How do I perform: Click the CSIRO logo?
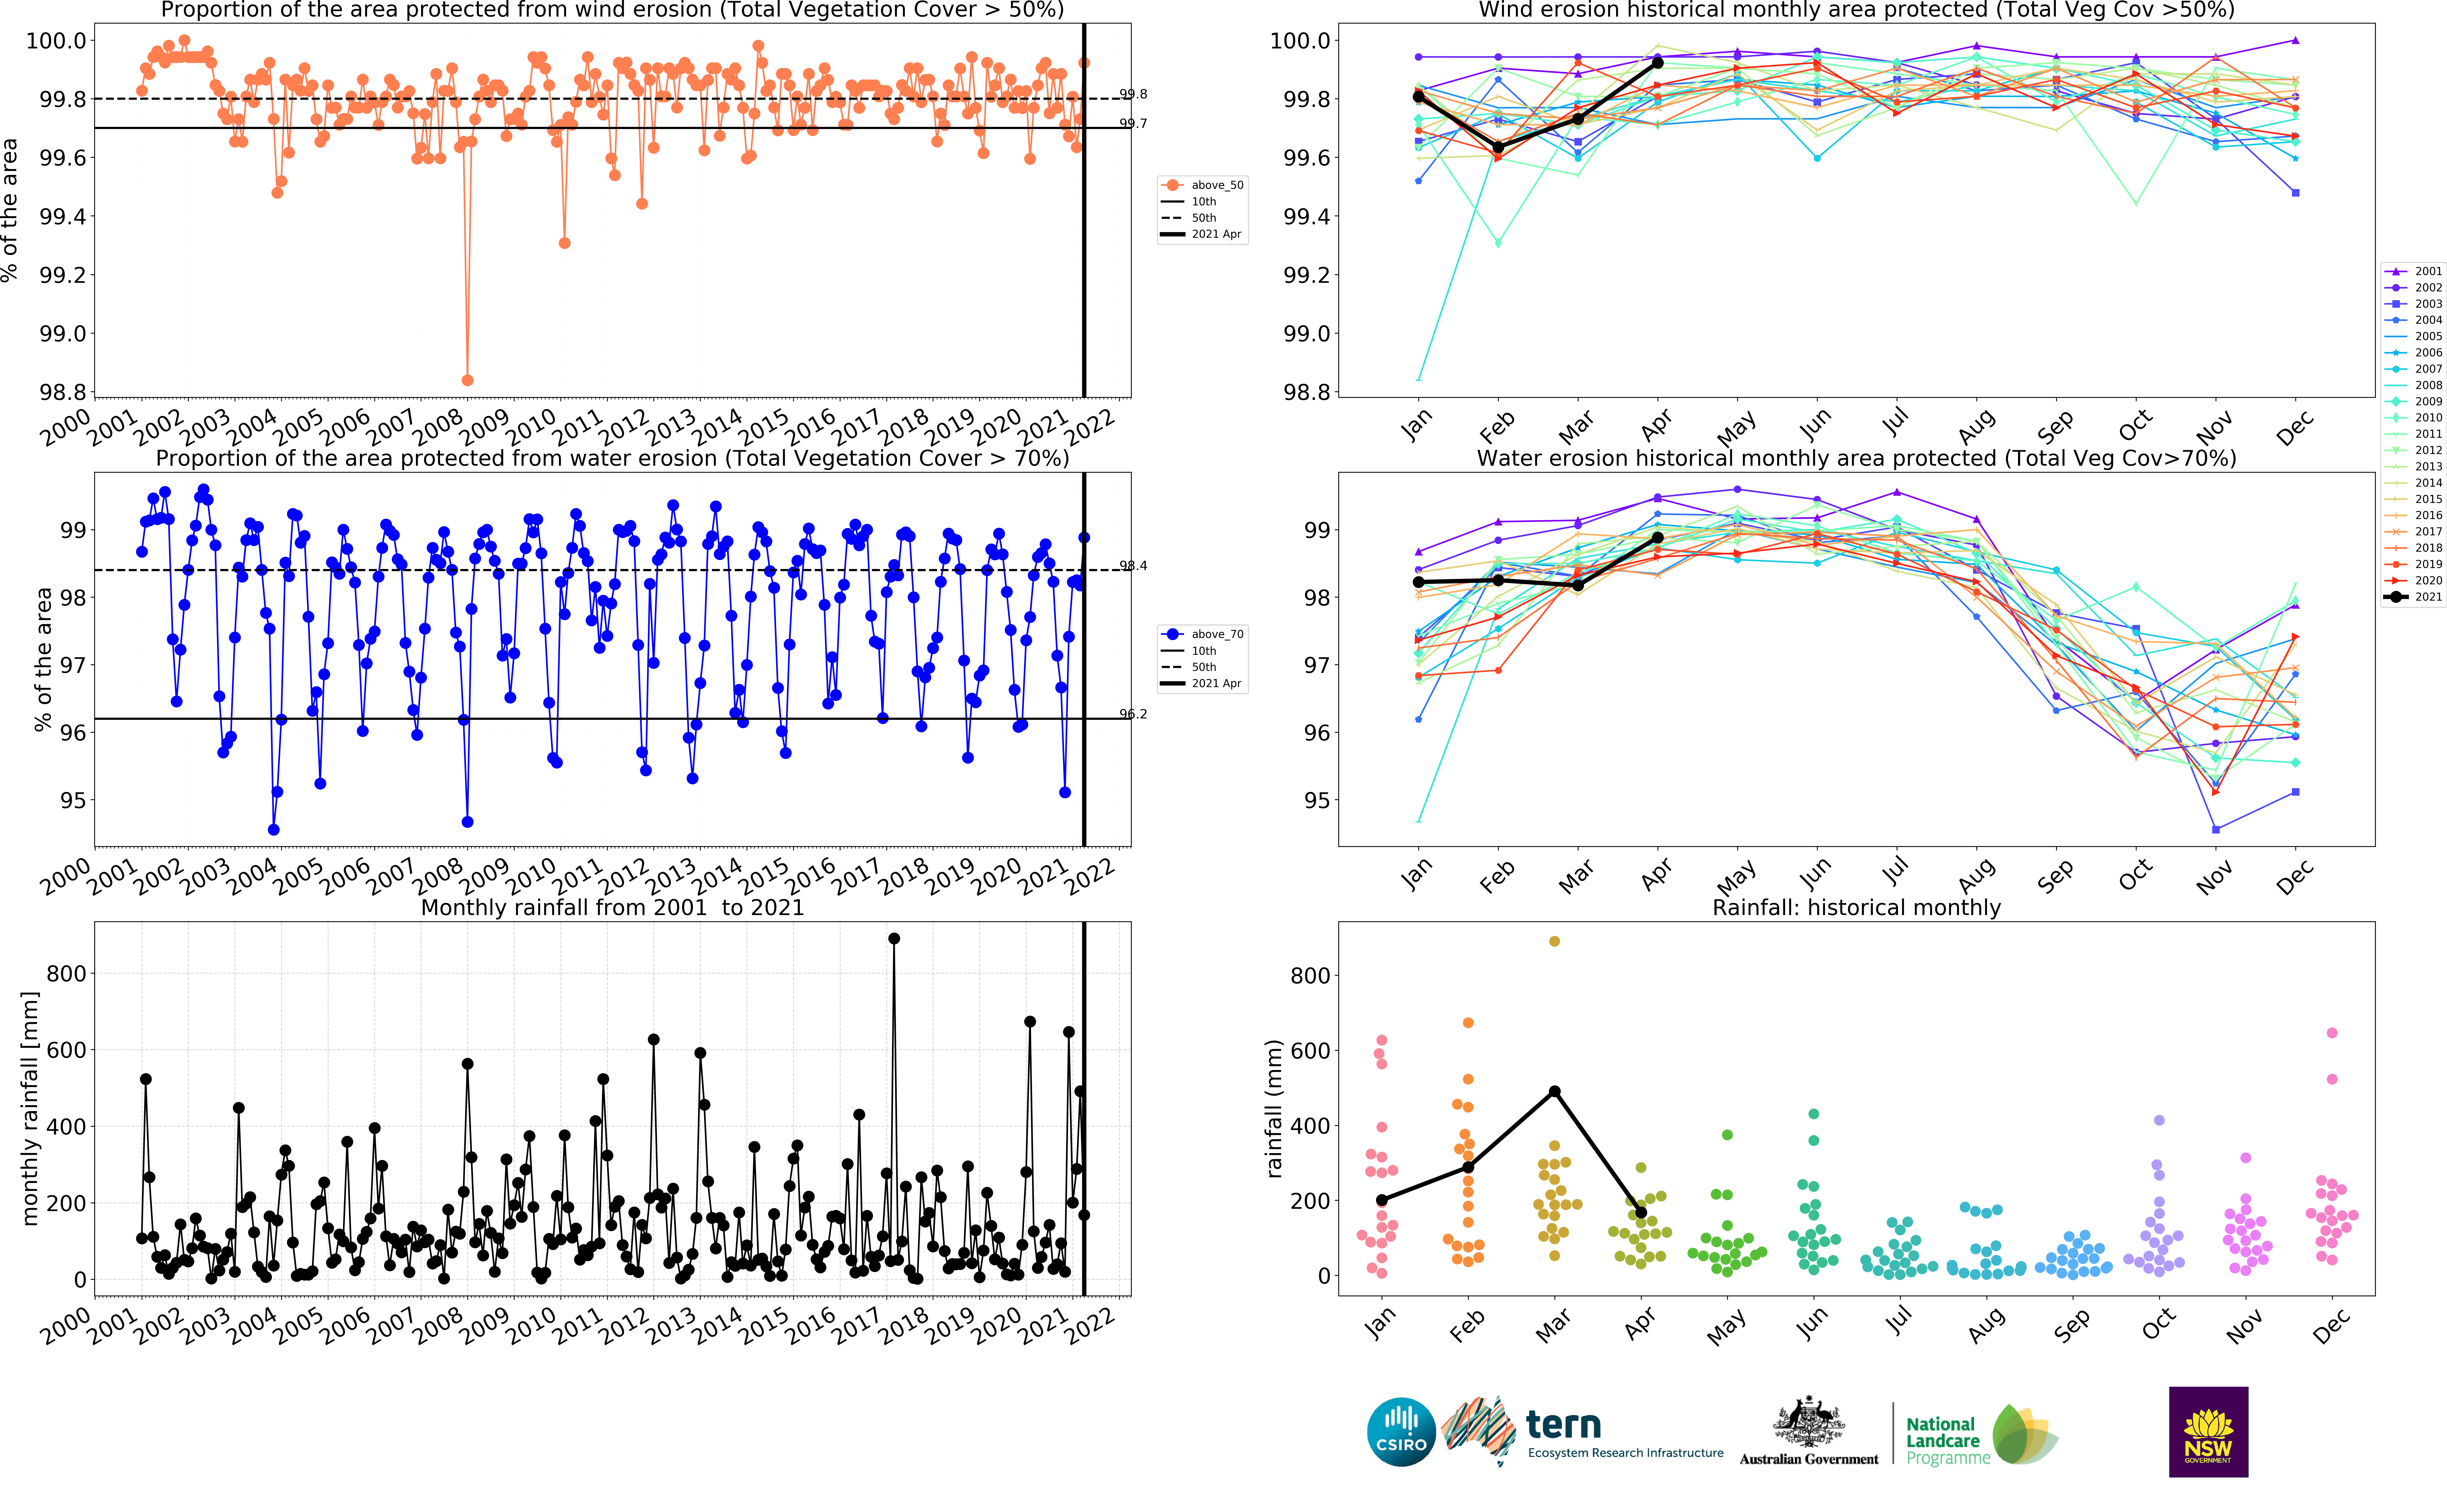(1401, 1433)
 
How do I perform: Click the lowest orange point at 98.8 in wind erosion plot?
(468, 380)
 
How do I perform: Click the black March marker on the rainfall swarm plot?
(1554, 1092)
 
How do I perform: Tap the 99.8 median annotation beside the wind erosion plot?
(1133, 94)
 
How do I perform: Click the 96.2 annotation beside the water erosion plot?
(1133, 714)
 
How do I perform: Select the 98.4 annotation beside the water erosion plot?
(1133, 566)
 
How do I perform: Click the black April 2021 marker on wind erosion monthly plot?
(1657, 63)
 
